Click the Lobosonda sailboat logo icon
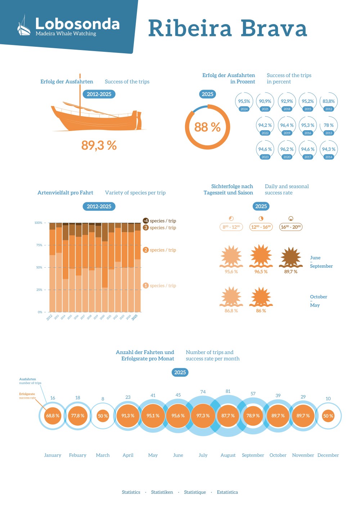[x=24, y=27]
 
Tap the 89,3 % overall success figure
[x=99, y=145]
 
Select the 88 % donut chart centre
[x=207, y=127]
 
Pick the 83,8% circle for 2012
[x=328, y=102]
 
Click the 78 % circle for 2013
[x=328, y=126]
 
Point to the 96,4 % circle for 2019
[x=287, y=126]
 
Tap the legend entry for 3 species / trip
[x=160, y=228]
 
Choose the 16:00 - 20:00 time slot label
[x=291, y=227]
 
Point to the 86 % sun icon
[x=261, y=297]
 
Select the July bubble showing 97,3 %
[x=203, y=416]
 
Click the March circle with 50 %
[x=103, y=416]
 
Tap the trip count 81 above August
[x=228, y=391]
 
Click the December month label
[x=328, y=455]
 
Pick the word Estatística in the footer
[x=227, y=492]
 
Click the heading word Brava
[x=274, y=28]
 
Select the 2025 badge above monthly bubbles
[x=180, y=372]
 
